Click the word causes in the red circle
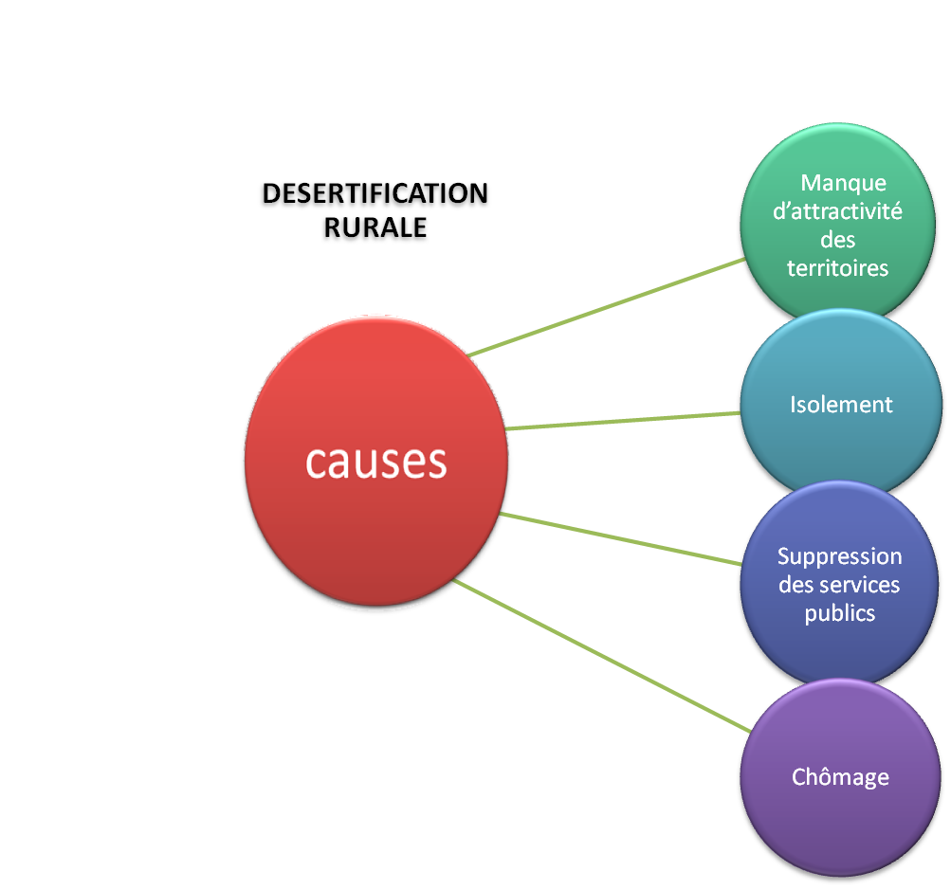[375, 462]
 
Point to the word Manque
[843, 182]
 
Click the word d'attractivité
[838, 210]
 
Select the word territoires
[838, 268]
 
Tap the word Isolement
[841, 405]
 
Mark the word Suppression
[839, 556]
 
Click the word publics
[839, 613]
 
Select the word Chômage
[840, 778]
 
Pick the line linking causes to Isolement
[623, 420]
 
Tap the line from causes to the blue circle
[621, 538]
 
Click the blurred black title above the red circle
[375, 212]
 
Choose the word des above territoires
[838, 240]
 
